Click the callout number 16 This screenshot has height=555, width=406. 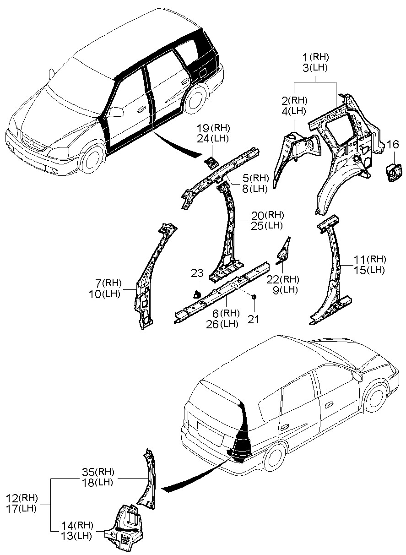(x=393, y=145)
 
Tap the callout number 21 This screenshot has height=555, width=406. (x=254, y=319)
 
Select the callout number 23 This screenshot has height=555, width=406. (x=197, y=273)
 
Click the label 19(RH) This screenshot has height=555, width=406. (x=213, y=128)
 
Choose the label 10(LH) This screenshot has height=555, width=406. (x=104, y=294)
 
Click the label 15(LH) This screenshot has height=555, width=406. (x=369, y=270)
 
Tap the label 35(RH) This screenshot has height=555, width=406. (x=97, y=472)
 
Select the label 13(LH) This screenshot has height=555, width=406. (x=77, y=535)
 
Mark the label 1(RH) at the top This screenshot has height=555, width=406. (x=316, y=57)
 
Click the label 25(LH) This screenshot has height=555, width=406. (x=267, y=225)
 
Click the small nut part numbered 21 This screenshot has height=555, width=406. (x=254, y=298)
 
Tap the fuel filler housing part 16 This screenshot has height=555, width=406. (x=392, y=173)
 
